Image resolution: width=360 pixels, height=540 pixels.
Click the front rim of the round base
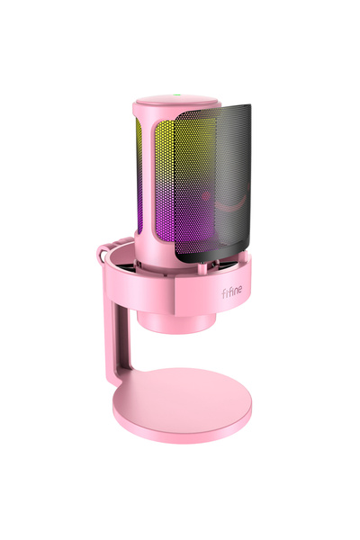180,436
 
